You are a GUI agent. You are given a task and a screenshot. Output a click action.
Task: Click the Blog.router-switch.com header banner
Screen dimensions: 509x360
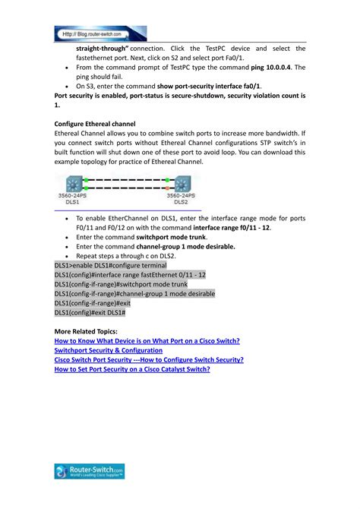click(100, 33)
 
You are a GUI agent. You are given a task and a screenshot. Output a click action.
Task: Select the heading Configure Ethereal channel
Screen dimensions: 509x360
click(95, 122)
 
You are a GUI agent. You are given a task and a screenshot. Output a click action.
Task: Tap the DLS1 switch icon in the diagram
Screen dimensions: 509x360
click(74, 185)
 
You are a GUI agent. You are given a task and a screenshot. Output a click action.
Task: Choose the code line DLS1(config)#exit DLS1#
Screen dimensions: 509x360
click(90, 313)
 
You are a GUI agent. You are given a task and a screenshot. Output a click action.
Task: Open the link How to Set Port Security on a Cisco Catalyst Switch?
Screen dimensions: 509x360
click(132, 368)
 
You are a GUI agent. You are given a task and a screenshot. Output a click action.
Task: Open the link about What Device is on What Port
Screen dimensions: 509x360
click(147, 341)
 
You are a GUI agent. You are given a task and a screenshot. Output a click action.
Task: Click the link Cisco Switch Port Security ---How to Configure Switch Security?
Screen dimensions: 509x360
click(149, 359)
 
